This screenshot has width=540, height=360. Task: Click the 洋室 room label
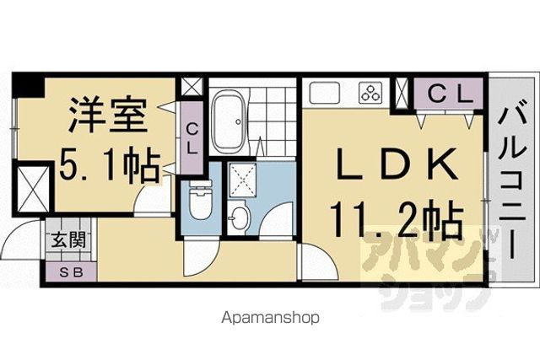108,116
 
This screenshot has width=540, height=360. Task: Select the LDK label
396,164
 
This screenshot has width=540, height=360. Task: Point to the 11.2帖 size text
397,219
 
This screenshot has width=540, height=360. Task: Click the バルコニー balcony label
512,182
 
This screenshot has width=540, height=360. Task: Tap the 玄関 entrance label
68,239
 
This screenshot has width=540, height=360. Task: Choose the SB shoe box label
72,272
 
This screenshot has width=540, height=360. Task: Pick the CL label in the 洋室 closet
192,139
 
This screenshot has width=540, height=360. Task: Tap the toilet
200,201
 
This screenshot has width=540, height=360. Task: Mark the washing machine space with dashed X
243,180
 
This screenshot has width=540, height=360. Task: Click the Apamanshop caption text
270,318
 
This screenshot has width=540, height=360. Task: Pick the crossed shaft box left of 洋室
32,190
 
